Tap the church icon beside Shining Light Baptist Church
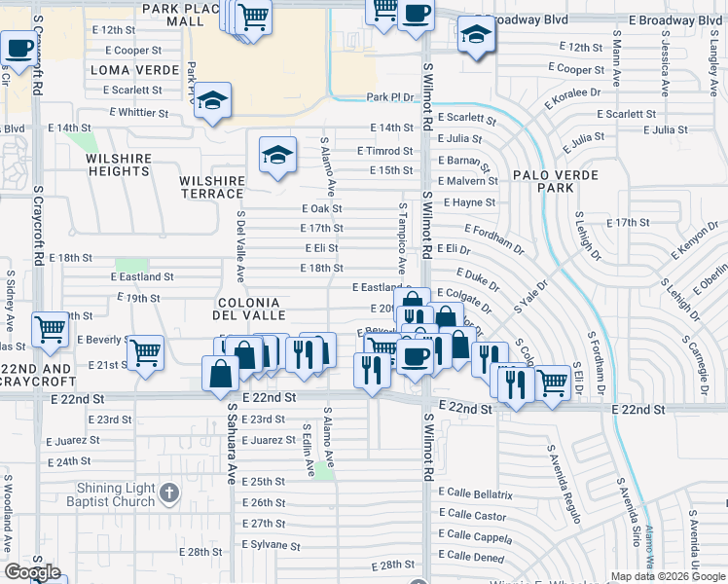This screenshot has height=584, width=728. point(169,493)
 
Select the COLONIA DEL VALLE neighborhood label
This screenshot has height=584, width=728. point(250,309)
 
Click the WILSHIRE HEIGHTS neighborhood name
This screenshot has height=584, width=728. point(118,164)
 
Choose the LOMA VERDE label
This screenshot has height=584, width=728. point(134,70)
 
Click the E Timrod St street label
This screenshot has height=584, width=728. point(384,151)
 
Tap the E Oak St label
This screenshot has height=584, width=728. point(322,208)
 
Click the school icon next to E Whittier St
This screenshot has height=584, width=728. point(211,101)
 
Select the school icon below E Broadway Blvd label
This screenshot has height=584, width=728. point(477,35)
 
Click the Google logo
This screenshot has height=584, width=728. point(32,571)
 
